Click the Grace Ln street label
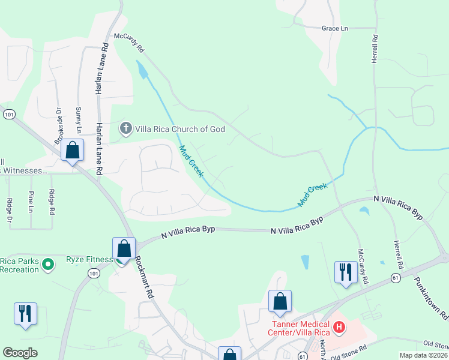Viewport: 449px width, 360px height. point(335,28)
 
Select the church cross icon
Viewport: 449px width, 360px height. point(125,128)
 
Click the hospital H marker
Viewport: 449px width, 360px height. point(339,328)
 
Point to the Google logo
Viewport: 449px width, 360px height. point(20,353)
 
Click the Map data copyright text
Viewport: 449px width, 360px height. point(423,355)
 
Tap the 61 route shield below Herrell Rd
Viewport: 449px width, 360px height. point(395,278)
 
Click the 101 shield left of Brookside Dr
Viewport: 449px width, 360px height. point(8,113)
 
